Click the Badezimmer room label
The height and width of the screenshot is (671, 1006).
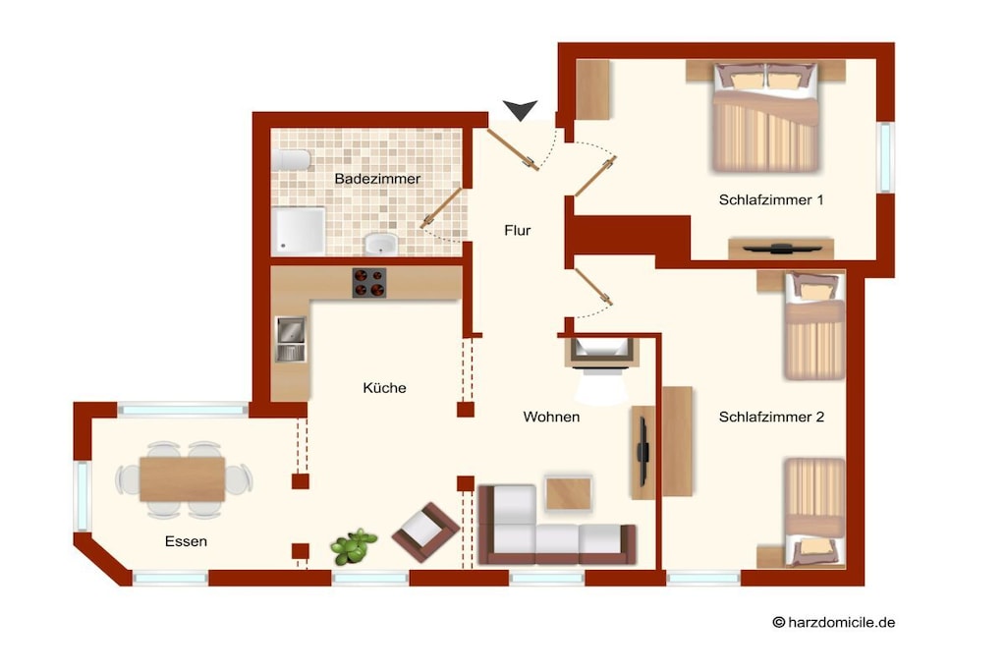click(x=377, y=179)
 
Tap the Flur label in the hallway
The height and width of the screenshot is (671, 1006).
click(x=517, y=230)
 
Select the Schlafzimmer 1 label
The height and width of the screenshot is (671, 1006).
click(x=770, y=200)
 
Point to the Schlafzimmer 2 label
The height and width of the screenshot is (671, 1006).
click(x=771, y=417)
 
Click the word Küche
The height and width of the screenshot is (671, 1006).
click(x=384, y=387)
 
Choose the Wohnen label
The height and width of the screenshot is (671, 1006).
click(x=551, y=417)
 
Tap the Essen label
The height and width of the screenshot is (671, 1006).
click(x=186, y=541)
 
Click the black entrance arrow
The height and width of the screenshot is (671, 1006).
click(x=520, y=110)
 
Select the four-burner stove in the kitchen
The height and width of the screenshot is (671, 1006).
click(x=369, y=283)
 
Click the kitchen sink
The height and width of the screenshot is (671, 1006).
click(x=291, y=339)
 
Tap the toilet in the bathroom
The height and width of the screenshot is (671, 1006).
click(x=291, y=160)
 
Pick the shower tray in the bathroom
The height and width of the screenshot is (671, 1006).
click(x=299, y=231)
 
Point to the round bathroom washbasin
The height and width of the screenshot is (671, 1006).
click(x=381, y=245)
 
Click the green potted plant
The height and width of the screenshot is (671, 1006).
click(x=353, y=546)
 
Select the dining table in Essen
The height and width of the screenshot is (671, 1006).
click(x=183, y=479)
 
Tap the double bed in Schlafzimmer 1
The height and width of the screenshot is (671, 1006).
click(x=765, y=117)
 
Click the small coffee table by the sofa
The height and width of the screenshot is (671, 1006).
click(x=569, y=492)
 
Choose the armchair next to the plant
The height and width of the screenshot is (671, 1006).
click(x=425, y=531)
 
